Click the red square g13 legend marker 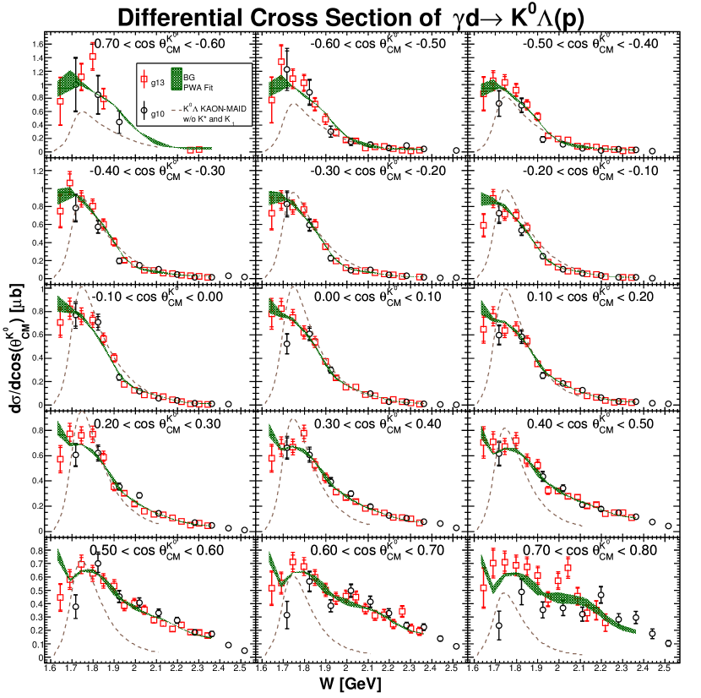coord(144,81)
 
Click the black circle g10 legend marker coord(144,110)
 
